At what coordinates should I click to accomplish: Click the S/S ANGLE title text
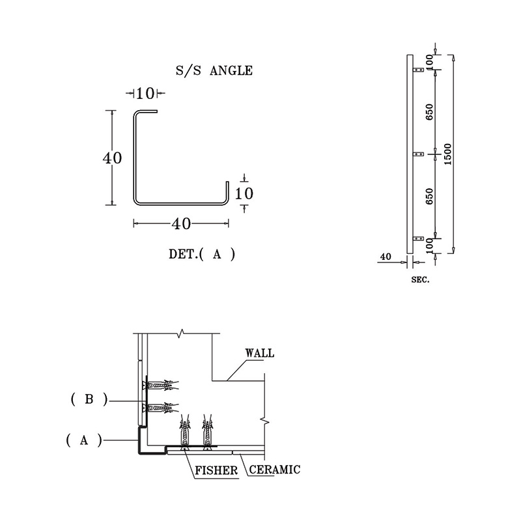point(214,70)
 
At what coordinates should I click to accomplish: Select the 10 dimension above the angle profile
point(146,93)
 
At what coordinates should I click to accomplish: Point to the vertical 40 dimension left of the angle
point(112,158)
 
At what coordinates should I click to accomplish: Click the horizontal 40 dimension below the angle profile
point(180,223)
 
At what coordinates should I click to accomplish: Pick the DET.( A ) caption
point(201,255)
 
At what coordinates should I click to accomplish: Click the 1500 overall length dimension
point(447,154)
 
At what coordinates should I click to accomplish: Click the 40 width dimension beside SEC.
point(386,257)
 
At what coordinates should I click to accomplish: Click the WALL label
point(259,354)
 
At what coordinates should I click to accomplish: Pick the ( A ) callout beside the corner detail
point(83,440)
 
